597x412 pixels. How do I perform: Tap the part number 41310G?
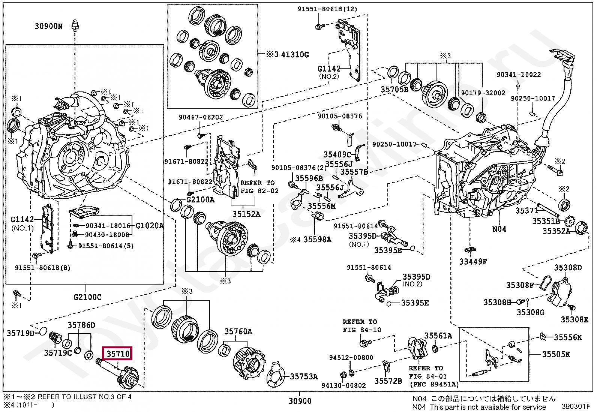[295, 54]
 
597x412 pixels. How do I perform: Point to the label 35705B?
[394, 90]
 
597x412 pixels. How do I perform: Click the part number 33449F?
[473, 262]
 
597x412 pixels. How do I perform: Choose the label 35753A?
[304, 376]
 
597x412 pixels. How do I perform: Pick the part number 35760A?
[238, 331]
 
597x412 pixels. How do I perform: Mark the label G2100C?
[87, 297]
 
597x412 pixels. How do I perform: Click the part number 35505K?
[556, 354]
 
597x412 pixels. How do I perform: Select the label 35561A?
[438, 336]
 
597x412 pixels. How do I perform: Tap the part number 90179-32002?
[483, 93]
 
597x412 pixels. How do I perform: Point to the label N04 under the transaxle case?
[499, 229]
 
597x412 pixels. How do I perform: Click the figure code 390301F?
[576, 406]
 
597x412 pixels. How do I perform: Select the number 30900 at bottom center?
[300, 401]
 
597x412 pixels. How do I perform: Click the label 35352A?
[556, 231]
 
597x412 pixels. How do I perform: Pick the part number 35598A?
[317, 239]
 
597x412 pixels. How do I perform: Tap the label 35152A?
[246, 214]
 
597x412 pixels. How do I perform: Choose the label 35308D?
[568, 268]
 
